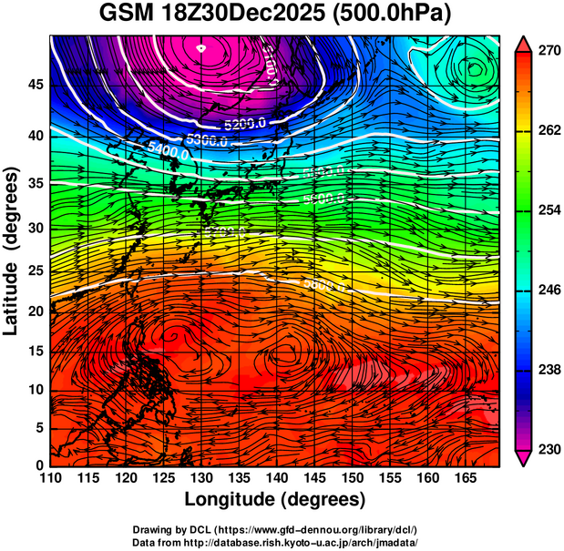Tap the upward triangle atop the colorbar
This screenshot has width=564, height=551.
coord(523,44)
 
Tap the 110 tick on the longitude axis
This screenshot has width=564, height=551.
coord(50,478)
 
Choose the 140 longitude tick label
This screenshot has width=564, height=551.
coord(275,478)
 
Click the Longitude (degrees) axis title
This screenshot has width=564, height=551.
coord(275,499)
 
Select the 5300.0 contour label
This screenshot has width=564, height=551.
coord(205,140)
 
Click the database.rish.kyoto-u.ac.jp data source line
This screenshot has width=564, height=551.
coord(275,542)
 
